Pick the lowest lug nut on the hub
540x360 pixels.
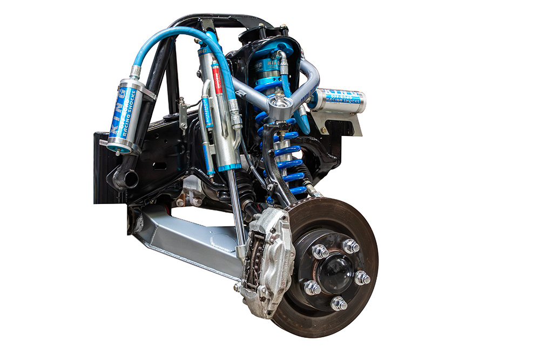tap(339, 303)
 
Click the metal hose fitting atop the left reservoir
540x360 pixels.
tap(134, 71)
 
